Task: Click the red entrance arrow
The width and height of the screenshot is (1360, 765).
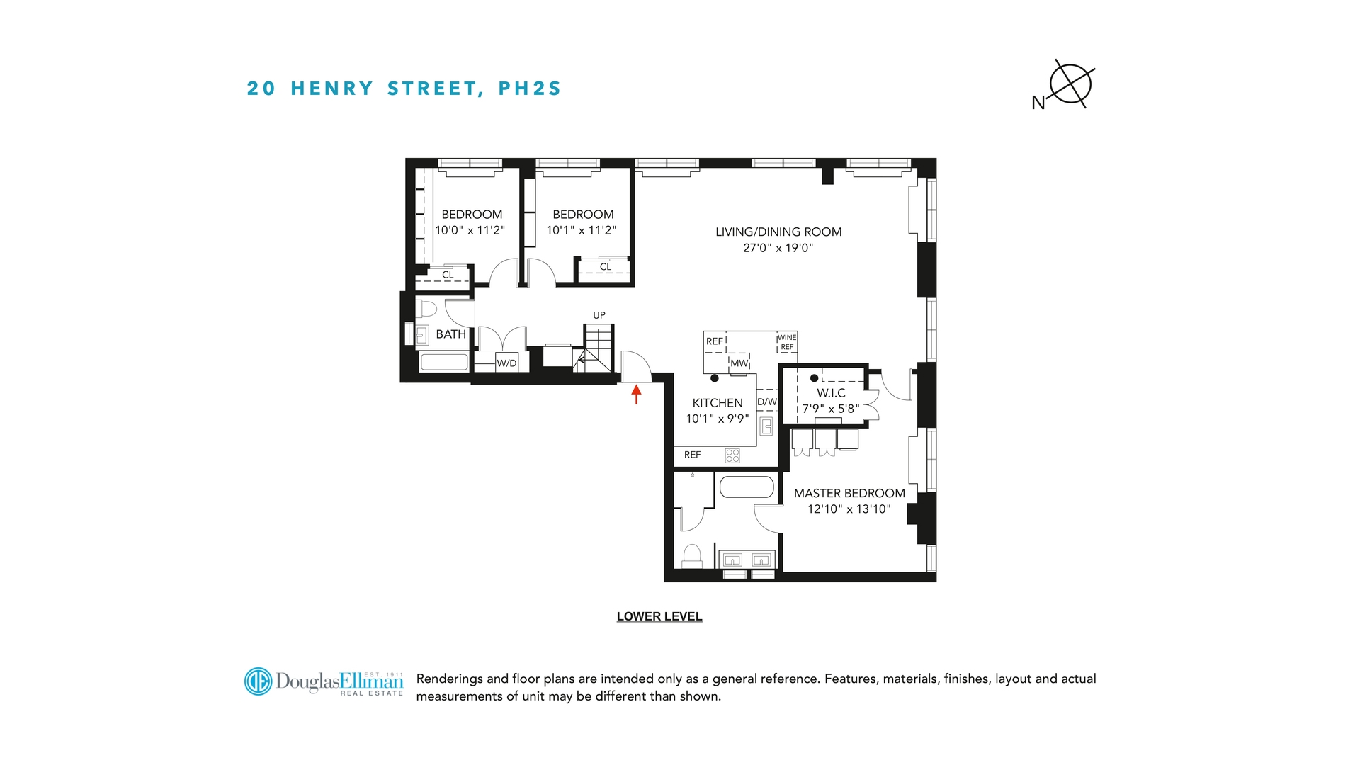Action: coord(636,394)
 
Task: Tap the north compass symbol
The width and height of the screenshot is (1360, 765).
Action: coord(1070,84)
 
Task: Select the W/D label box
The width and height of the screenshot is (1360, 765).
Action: coord(506,363)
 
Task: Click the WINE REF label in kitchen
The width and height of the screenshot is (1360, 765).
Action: coord(787,342)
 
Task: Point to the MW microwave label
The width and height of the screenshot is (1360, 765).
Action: coord(739,363)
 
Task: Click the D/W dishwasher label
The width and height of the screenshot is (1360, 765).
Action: coord(767,402)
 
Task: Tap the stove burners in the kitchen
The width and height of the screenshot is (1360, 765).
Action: coord(732,455)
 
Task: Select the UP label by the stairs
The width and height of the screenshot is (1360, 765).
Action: coord(599,315)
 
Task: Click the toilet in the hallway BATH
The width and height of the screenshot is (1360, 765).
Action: coord(426,309)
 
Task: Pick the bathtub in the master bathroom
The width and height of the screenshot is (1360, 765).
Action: coord(747,487)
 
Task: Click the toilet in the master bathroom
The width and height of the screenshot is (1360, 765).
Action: coord(691,555)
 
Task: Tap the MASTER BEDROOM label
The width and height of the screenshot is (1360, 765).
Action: coord(849,493)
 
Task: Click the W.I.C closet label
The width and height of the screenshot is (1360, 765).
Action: coord(831,393)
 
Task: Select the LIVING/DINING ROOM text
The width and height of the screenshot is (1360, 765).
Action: coord(778,232)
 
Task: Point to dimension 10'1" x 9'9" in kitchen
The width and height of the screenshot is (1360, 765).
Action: coord(717,419)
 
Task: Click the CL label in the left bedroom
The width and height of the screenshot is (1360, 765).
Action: coord(448,275)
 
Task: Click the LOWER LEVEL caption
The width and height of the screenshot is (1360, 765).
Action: coord(659,616)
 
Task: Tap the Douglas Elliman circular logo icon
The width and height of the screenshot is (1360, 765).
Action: coord(258,681)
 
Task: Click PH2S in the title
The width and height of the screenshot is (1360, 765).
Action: coord(530,89)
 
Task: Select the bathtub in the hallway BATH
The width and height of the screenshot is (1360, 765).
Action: coord(444,362)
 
